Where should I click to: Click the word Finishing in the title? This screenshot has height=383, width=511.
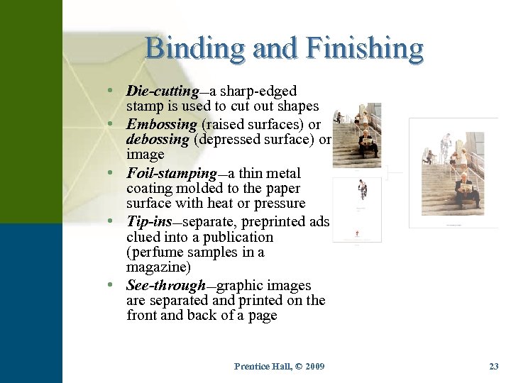tap(366, 48)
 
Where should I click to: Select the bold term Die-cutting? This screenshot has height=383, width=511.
tap(162, 91)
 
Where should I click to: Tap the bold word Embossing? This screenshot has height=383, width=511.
tap(162, 123)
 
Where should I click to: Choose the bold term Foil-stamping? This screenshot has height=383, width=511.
tap(171, 173)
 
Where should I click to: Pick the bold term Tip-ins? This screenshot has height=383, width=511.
tap(149, 221)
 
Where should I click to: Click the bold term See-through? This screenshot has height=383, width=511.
tap(165, 285)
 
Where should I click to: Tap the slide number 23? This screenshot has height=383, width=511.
tap(494, 366)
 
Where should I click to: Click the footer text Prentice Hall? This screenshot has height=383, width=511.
tap(263, 366)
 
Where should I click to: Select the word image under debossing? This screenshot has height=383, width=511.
tap(145, 155)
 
